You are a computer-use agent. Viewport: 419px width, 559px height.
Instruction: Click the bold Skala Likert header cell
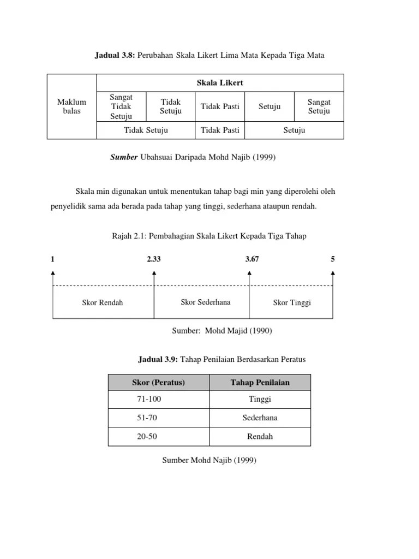click(x=220, y=82)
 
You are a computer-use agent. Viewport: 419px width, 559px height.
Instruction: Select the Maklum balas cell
click(x=71, y=106)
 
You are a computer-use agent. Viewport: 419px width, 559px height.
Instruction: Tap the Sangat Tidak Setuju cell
click(x=121, y=106)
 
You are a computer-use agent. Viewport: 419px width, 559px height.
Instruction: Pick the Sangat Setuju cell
click(x=319, y=106)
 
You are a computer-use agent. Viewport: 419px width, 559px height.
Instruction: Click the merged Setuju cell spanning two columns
click(x=294, y=130)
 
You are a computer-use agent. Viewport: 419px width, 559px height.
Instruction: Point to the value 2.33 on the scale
click(x=154, y=259)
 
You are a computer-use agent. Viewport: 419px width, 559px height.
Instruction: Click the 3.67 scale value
click(x=252, y=259)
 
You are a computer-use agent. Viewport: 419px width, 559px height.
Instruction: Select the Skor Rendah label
click(x=103, y=302)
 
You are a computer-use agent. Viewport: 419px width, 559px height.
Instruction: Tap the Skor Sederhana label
click(x=205, y=302)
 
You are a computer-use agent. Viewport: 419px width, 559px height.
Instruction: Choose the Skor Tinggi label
click(x=292, y=302)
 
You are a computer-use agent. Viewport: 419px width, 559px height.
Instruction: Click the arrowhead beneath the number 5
click(x=333, y=273)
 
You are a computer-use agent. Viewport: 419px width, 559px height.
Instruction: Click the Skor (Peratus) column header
click(x=158, y=383)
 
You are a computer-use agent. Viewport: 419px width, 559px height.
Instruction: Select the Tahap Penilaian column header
click(x=260, y=383)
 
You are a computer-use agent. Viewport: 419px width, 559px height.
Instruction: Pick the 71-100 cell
click(x=149, y=399)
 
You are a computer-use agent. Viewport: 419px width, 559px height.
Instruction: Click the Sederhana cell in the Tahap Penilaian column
click(x=260, y=418)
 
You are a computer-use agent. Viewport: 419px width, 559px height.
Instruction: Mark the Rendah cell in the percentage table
click(x=260, y=436)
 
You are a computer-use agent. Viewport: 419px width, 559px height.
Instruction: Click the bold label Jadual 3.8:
click(x=116, y=56)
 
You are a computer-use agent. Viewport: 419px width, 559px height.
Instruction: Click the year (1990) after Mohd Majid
click(x=260, y=330)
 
